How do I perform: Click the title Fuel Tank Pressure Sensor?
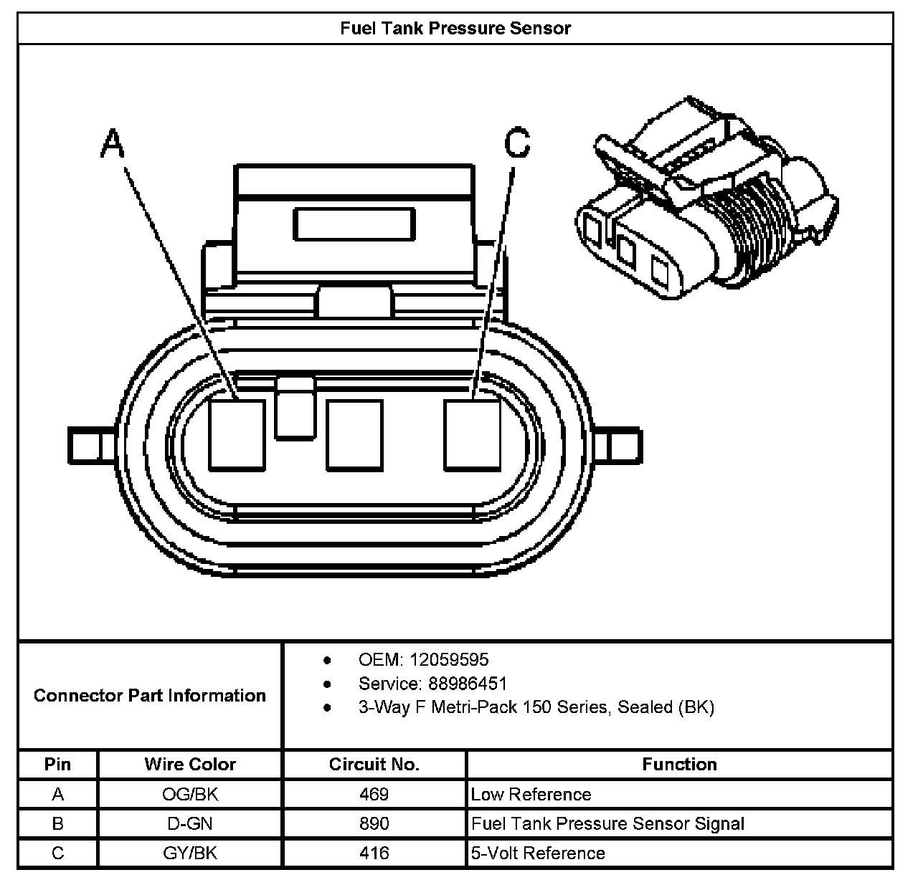455,29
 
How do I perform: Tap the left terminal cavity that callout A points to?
237,435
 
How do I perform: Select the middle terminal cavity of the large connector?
354,435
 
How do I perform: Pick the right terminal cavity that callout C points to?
472,435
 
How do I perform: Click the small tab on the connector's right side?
623,444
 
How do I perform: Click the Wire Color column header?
190,764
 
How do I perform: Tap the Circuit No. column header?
374,764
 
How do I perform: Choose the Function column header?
679,764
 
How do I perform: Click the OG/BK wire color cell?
190,794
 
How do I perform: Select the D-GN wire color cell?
190,823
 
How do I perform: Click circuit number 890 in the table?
374,823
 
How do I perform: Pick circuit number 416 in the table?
374,853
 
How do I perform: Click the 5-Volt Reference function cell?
538,853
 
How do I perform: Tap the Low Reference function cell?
531,794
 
